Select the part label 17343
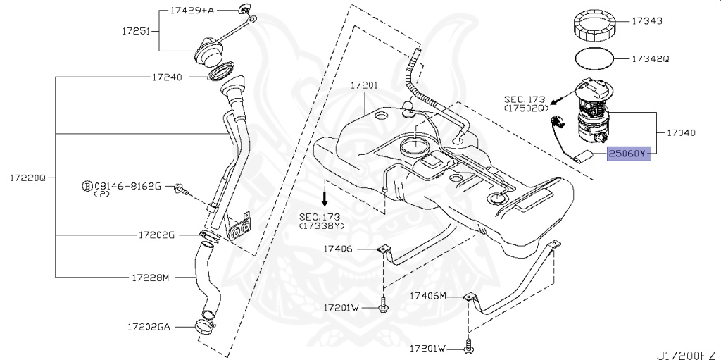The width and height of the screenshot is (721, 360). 647,22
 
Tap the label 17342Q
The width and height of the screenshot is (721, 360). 650,59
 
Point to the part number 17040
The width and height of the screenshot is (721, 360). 676,132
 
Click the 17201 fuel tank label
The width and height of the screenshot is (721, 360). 365,85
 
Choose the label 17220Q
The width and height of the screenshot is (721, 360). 27,178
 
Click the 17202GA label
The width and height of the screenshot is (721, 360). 149,327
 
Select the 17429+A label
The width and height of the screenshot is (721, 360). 192,12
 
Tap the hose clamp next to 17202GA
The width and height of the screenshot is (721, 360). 205,325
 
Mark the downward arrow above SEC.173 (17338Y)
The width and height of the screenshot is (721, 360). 325,194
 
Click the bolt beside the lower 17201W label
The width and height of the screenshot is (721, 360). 468,346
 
